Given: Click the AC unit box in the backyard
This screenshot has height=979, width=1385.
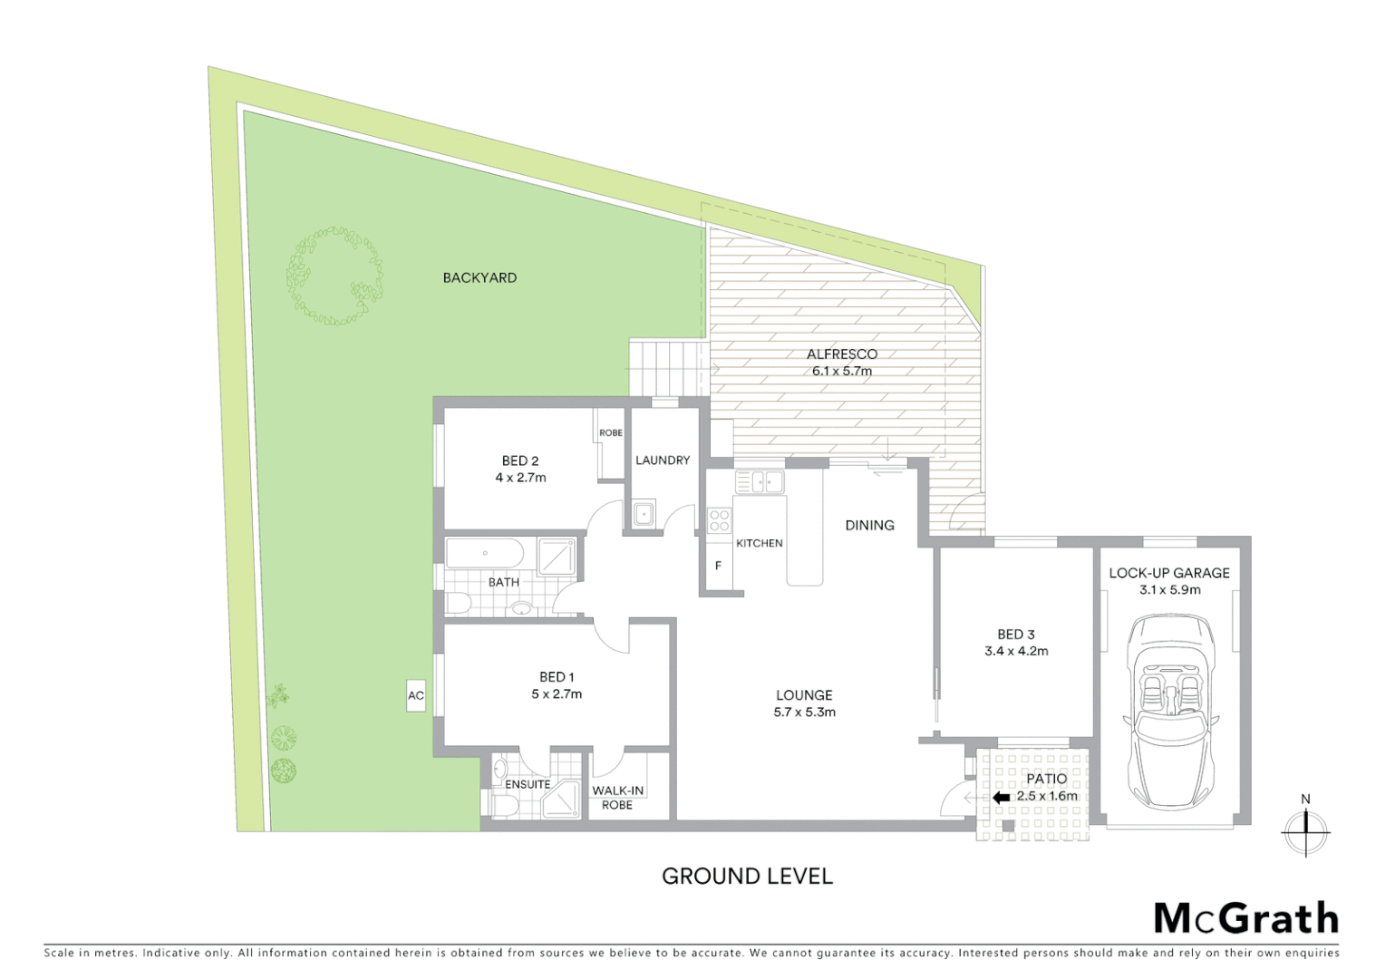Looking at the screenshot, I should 416,696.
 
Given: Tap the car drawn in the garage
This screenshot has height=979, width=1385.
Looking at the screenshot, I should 1169,712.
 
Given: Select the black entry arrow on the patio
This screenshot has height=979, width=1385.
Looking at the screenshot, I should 1001,798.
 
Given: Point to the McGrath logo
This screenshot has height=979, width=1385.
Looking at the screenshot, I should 1245,918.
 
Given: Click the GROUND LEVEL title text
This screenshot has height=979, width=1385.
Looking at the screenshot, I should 747,877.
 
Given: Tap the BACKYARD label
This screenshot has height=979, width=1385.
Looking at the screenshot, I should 479,278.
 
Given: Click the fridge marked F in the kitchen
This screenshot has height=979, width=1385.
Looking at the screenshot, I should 719,566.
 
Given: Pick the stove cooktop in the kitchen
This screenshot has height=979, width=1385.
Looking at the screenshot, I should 720,520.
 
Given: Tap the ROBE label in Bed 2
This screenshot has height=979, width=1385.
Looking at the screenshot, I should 611,433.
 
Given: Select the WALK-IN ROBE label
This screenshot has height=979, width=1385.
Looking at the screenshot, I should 617,798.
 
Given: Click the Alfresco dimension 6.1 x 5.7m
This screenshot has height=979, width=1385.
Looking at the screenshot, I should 842,371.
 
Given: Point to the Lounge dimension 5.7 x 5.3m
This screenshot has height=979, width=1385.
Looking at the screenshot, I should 804,712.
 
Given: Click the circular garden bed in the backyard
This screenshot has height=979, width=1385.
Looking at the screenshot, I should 334,276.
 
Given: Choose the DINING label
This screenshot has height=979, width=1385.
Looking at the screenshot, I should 869,526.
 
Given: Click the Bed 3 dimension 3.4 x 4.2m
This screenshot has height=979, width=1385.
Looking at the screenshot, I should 1016,651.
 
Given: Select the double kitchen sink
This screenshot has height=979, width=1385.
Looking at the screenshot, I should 760,481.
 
